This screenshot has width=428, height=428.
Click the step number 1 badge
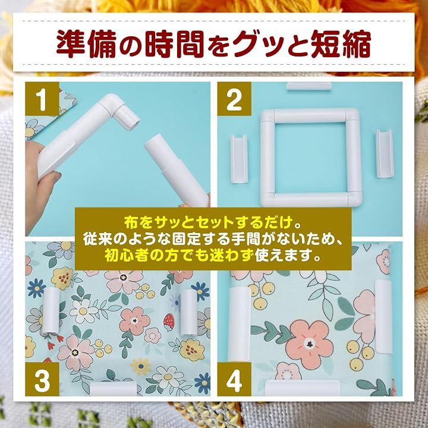[x=42, y=99]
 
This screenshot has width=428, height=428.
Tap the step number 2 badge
[x=234, y=99]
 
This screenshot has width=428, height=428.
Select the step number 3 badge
[x=42, y=379]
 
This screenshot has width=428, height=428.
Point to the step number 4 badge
[x=234, y=379]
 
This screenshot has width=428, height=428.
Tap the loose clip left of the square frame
[x=239, y=159]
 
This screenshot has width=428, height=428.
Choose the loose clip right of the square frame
[x=385, y=154]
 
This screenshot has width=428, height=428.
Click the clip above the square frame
[x=309, y=86]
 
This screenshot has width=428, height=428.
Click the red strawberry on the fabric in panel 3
[x=169, y=323]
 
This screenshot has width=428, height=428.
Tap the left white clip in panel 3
[x=51, y=310]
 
